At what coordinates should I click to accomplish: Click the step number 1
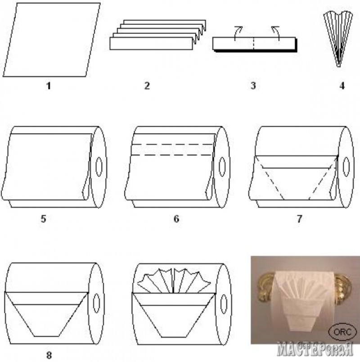click(49, 86)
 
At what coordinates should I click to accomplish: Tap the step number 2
click(147, 86)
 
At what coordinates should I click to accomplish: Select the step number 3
click(253, 86)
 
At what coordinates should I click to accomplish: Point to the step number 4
click(342, 86)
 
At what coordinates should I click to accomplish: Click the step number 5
click(43, 218)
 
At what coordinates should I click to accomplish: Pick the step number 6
click(176, 218)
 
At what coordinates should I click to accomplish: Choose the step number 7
click(299, 218)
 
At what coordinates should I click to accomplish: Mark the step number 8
click(49, 355)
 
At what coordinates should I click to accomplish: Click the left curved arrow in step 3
click(238, 33)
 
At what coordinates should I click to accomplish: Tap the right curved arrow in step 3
click(276, 33)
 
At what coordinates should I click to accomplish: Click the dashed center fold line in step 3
click(254, 43)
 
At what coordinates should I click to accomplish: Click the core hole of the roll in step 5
click(99, 167)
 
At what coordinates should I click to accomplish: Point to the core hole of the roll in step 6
click(222, 167)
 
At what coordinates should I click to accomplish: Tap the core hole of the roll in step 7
click(346, 167)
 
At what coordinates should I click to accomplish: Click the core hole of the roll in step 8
click(96, 303)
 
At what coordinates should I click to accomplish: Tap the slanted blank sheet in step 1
click(51, 40)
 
